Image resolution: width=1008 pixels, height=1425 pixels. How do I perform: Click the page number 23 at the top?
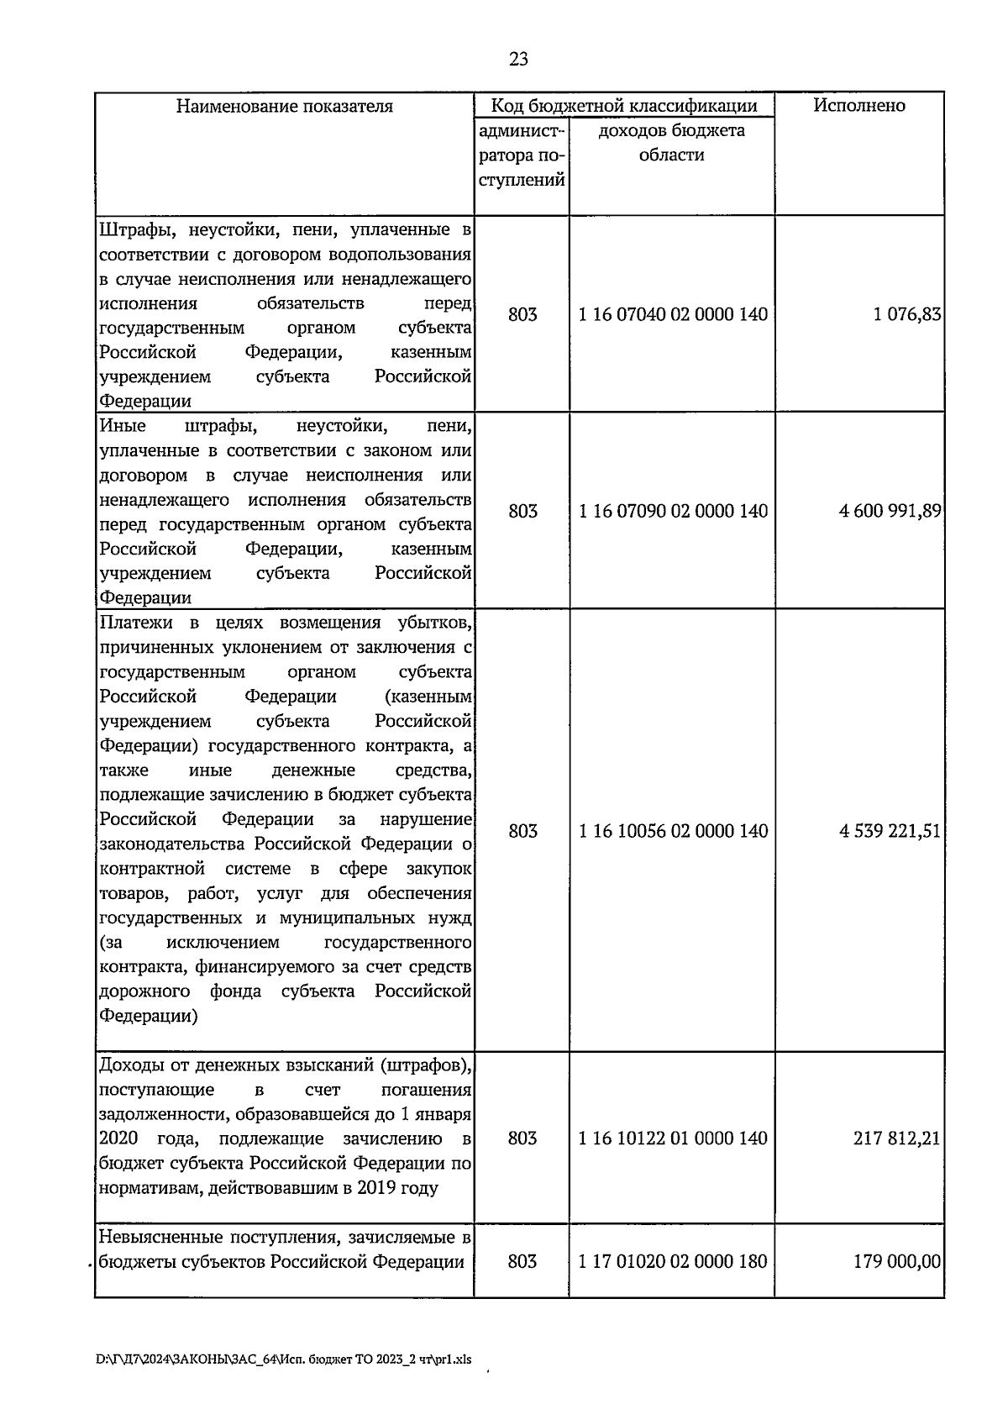[518, 59]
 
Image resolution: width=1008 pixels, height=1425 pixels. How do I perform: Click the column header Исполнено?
[858, 106]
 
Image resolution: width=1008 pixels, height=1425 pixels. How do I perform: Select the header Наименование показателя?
[284, 107]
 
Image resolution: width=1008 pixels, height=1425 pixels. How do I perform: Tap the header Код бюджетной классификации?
[623, 106]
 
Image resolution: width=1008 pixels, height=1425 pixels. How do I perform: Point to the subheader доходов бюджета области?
[671, 143]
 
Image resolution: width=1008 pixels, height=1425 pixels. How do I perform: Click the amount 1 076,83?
[906, 315]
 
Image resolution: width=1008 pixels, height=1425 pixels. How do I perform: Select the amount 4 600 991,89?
[890, 512]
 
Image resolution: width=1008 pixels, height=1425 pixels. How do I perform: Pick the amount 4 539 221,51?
[890, 831]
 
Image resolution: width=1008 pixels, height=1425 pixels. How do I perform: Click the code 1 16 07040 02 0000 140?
[673, 315]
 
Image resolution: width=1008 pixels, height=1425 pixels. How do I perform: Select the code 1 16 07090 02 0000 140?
[673, 512]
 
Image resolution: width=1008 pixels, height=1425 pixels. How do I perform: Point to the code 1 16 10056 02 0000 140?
[673, 831]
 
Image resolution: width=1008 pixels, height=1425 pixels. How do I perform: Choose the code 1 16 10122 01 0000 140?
[673, 1138]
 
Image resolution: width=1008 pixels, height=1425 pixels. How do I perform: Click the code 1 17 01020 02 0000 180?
[673, 1262]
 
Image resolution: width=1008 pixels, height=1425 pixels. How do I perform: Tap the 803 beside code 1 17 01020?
[522, 1262]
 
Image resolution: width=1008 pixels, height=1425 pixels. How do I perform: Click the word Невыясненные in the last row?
[155, 1238]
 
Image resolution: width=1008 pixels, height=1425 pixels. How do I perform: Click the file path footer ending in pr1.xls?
[283, 1359]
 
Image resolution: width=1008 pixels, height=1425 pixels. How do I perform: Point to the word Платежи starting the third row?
[137, 623]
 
